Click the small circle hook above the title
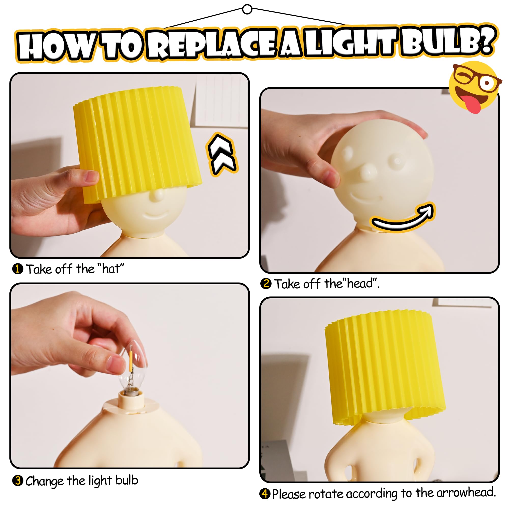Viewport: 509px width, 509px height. [247, 9]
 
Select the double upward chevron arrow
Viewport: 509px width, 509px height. [222, 155]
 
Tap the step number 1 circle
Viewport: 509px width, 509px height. [18, 269]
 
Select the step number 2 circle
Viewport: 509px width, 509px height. [266, 284]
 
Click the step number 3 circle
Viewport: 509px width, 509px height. [18, 480]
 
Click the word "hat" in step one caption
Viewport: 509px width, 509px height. [111, 269]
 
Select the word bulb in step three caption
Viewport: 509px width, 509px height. [127, 480]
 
